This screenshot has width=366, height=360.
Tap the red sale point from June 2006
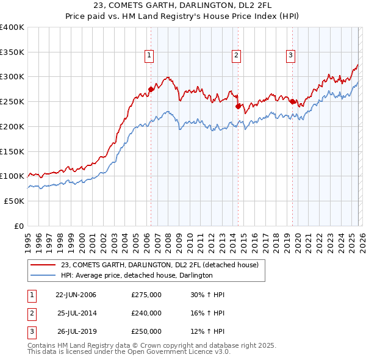click(151, 88)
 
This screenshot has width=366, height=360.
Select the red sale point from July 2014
click(238, 106)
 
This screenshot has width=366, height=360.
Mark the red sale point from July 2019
click(292, 101)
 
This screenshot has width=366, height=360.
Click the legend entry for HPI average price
click(137, 275)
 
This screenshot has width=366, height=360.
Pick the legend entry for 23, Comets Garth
click(160, 265)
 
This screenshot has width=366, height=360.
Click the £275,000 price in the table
click(146, 295)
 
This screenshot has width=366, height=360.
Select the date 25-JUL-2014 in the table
click(76, 313)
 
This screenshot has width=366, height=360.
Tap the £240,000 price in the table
click(146, 313)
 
